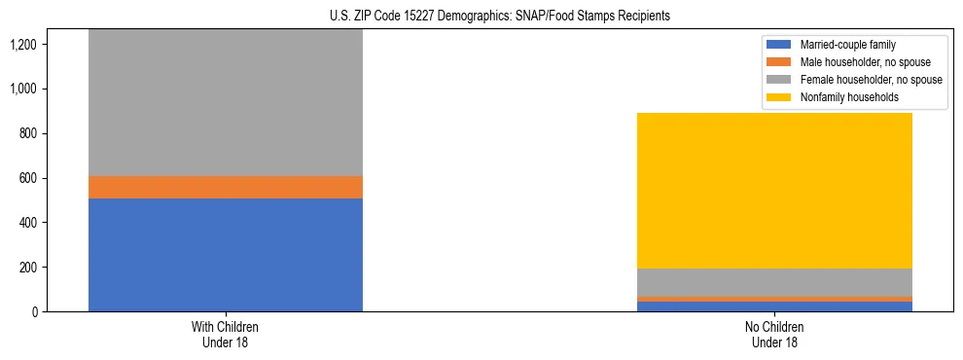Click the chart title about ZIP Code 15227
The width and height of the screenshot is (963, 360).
[x=481, y=17]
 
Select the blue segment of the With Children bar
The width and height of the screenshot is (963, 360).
[x=226, y=255]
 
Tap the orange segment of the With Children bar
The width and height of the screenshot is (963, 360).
[x=226, y=187]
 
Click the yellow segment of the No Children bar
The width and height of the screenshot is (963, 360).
[x=774, y=191]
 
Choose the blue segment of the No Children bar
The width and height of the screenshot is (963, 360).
[x=774, y=306]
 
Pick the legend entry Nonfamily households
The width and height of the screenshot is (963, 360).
[x=841, y=97]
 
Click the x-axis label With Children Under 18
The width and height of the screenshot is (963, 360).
[x=226, y=335]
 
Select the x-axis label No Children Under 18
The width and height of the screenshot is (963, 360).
[x=774, y=335]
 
